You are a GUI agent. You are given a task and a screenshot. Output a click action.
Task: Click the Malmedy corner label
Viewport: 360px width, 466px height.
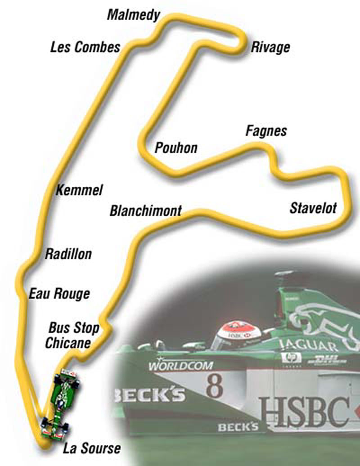point(134,15)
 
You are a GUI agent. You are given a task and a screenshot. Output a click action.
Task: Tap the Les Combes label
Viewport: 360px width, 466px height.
point(85,47)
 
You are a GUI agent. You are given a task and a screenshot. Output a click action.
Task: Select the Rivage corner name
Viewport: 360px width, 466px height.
point(270,47)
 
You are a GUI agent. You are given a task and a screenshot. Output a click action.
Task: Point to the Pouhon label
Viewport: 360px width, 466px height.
point(176,148)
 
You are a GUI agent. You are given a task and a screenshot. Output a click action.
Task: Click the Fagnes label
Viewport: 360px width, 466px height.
point(266,131)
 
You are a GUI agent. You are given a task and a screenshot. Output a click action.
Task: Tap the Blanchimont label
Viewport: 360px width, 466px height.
point(145,211)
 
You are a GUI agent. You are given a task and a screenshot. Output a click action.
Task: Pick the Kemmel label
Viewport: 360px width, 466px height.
point(79,190)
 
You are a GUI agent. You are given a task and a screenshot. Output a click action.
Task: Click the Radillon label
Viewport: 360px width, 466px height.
point(68,254)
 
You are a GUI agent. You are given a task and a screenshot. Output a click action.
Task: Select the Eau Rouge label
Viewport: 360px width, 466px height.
point(59,294)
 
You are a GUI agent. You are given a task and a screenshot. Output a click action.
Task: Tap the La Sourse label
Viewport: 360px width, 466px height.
point(92,448)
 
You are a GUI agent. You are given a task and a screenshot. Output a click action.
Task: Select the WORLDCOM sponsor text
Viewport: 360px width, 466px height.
point(180,365)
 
